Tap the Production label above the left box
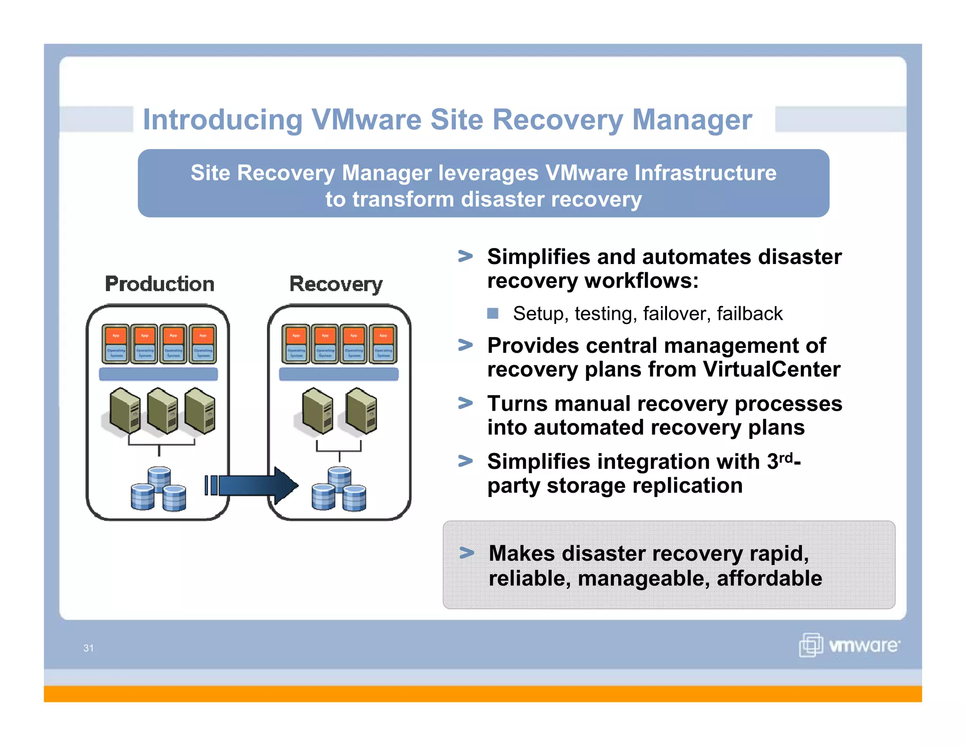pyautogui.click(x=159, y=284)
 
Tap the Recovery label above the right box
pyautogui.click(x=336, y=284)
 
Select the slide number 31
pyautogui.click(x=88, y=648)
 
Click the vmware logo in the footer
pyautogui.click(x=849, y=645)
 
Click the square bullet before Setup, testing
pyautogui.click(x=493, y=314)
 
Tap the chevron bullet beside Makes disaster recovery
pyautogui.click(x=466, y=553)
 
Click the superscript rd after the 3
pyautogui.click(x=786, y=457)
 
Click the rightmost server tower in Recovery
pyautogui.click(x=362, y=410)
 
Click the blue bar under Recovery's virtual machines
pyautogui.click(x=339, y=374)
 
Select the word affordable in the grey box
pyautogui.click(x=769, y=579)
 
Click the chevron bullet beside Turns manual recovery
pyautogui.click(x=466, y=403)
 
